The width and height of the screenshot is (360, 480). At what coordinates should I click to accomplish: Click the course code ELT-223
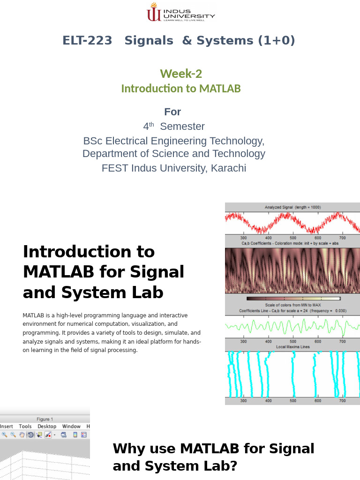[87, 41]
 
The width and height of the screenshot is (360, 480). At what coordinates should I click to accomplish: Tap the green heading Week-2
[181, 74]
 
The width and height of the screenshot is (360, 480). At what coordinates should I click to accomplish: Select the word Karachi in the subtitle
[228, 168]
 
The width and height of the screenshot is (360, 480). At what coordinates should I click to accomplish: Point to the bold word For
[172, 112]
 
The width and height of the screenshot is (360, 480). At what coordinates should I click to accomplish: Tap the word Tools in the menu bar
[25, 426]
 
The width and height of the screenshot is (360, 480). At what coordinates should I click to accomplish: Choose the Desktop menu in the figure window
[47, 426]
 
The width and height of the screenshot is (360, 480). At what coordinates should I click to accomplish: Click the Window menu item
[71, 426]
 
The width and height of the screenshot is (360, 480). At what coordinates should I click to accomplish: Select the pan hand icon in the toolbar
[22, 435]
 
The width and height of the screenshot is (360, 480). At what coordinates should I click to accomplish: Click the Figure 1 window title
[45, 419]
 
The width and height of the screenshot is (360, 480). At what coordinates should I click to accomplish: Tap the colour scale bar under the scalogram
[293, 298]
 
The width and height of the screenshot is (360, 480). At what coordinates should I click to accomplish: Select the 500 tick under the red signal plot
[293, 238]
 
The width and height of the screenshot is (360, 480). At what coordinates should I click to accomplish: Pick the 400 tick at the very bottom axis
[268, 401]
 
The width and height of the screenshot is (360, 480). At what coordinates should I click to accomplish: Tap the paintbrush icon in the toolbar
[48, 435]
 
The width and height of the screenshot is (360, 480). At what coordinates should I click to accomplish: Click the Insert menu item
[7, 426]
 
